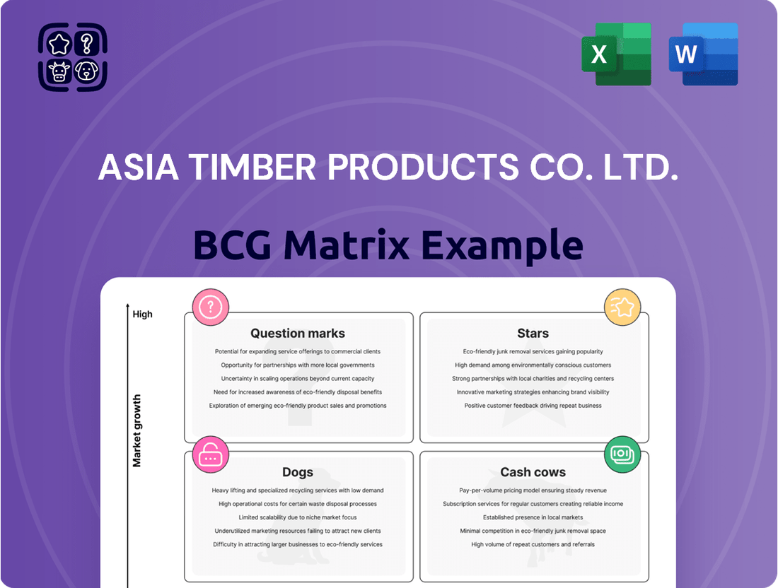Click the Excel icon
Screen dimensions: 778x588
click(x=616, y=54)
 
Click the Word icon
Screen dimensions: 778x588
click(x=703, y=54)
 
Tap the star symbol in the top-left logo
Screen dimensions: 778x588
click(x=59, y=44)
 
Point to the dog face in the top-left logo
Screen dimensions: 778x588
click(x=87, y=71)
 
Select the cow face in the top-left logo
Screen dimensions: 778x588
click(x=59, y=71)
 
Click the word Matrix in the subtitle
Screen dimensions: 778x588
click(x=347, y=245)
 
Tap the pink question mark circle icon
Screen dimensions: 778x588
click(x=210, y=307)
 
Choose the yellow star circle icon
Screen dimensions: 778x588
click(x=622, y=307)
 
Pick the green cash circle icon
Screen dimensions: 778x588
click(x=622, y=454)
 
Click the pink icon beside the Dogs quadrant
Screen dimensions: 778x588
click(x=210, y=454)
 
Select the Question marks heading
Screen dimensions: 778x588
click(x=298, y=333)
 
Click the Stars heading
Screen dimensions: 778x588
click(x=533, y=333)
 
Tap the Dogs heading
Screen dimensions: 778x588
click(x=298, y=472)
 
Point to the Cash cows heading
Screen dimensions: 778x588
click(x=533, y=472)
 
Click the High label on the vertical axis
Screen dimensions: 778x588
click(x=142, y=314)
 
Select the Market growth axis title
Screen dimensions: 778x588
click(x=137, y=430)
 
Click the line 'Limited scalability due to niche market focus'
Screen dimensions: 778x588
click(x=298, y=517)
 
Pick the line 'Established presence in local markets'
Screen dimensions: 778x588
click(x=533, y=517)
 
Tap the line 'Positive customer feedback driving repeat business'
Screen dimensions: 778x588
click(x=533, y=406)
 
